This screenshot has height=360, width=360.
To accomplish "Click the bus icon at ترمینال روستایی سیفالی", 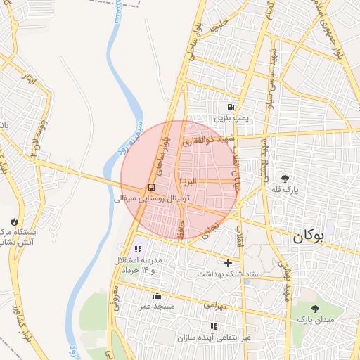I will (152, 188).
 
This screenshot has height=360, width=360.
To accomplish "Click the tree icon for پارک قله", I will (285, 179).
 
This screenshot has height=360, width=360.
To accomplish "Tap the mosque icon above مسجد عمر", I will (157, 296).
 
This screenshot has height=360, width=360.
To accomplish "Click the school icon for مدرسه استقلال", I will (138, 249).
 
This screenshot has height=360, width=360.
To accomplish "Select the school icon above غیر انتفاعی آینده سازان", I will (213, 326).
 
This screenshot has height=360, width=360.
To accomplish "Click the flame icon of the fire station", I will (13, 221).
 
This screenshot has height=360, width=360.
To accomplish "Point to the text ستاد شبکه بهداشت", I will (230, 274).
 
